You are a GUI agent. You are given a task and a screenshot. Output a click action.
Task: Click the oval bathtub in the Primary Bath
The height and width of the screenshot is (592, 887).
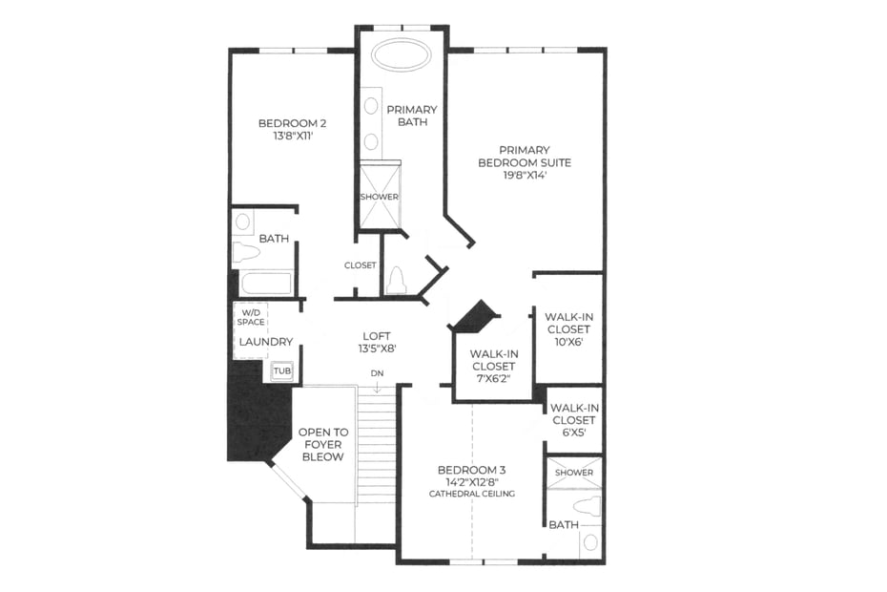tap(402, 55)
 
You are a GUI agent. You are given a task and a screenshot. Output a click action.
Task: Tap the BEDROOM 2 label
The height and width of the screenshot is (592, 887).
tap(292, 123)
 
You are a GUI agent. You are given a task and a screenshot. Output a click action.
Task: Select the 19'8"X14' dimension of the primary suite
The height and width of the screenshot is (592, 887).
tap(525, 175)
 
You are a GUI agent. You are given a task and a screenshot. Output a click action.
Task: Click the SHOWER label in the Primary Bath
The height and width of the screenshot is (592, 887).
tap(380, 197)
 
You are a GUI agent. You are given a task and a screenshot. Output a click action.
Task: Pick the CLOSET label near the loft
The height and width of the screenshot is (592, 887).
tap(361, 265)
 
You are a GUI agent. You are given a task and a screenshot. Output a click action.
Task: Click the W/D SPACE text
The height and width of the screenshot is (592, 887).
tap(251, 317)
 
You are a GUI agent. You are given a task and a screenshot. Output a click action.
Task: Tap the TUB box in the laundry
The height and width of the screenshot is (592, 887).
tap(282, 371)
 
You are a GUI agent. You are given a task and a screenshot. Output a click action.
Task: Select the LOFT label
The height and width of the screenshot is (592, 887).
tap(377, 336)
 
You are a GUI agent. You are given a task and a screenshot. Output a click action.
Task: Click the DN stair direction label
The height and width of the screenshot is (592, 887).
tap(377, 373)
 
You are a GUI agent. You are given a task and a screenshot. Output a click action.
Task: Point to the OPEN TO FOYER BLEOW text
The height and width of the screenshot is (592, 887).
tap(323, 444)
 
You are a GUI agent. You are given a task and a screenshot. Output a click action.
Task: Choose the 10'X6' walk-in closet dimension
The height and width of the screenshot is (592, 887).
tap(568, 342)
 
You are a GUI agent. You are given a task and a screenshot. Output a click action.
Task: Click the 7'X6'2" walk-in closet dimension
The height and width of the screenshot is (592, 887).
tap(493, 378)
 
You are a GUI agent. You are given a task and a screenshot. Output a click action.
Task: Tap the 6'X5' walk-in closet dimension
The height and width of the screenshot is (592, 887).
tap(573, 433)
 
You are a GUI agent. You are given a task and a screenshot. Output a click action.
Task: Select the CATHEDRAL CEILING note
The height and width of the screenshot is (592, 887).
tap(472, 494)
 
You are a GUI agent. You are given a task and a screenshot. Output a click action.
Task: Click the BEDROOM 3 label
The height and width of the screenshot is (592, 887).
tap(472, 470)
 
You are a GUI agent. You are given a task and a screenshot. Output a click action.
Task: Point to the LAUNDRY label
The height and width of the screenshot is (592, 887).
tap(266, 342)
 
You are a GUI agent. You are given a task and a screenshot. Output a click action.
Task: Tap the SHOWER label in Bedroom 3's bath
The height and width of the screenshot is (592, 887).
tap(574, 473)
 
